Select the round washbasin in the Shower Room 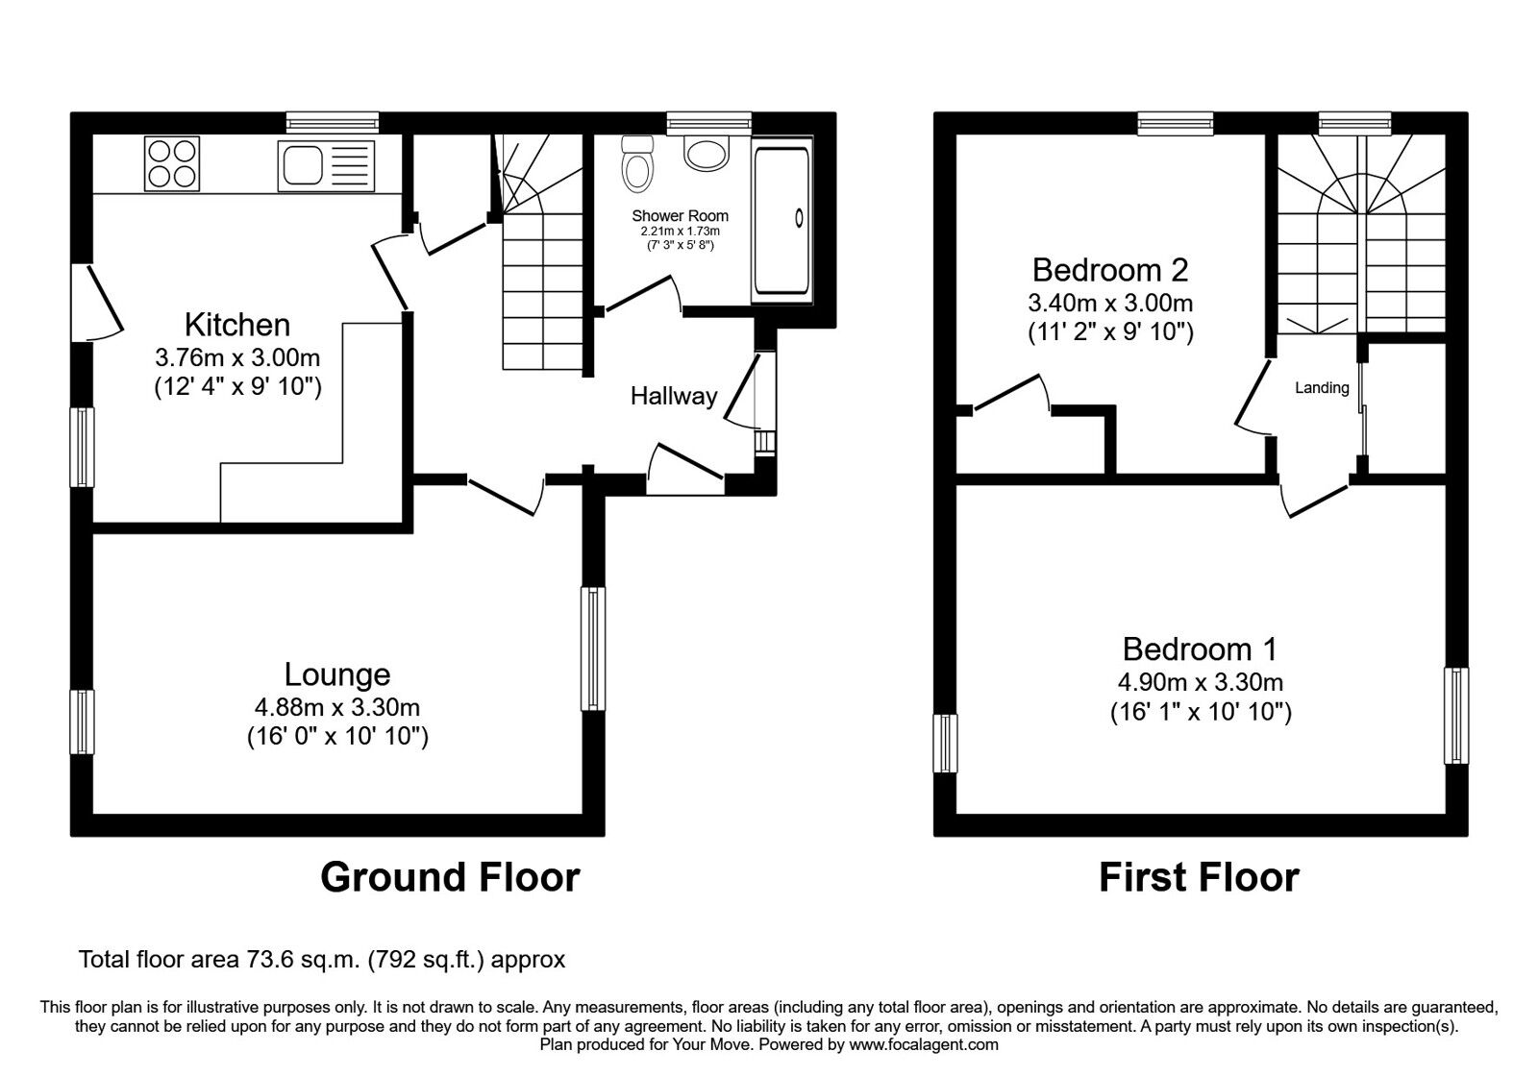point(707,153)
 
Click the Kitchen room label point(237,324)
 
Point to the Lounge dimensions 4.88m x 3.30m point(336,708)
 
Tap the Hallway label point(673,396)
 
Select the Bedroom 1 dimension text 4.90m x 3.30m point(1200,683)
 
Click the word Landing point(1322,388)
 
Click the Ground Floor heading point(450,877)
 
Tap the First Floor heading point(1199,877)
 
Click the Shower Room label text point(680,216)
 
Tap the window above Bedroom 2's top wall point(1176,122)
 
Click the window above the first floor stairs point(1354,122)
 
